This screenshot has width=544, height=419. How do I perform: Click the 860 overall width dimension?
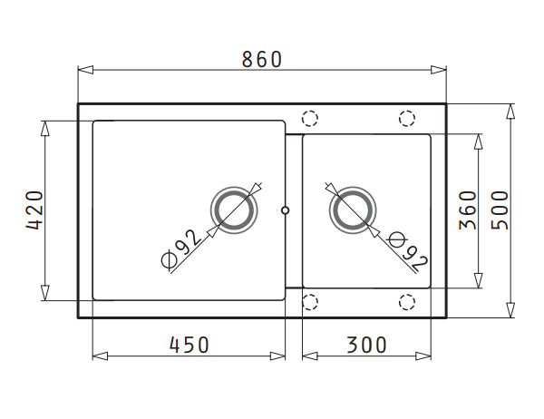point(262,59)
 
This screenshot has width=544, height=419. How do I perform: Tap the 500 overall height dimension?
point(500,210)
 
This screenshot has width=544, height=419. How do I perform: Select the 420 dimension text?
point(34,210)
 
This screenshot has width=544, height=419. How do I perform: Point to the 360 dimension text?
point(467,210)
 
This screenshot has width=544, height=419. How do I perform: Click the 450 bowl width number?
point(189,345)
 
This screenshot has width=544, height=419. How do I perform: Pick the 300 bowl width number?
point(366,345)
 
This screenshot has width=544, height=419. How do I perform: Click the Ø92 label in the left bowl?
point(181,249)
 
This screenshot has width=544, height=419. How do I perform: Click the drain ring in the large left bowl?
point(234,188)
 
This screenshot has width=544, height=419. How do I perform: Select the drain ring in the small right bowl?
point(353,188)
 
